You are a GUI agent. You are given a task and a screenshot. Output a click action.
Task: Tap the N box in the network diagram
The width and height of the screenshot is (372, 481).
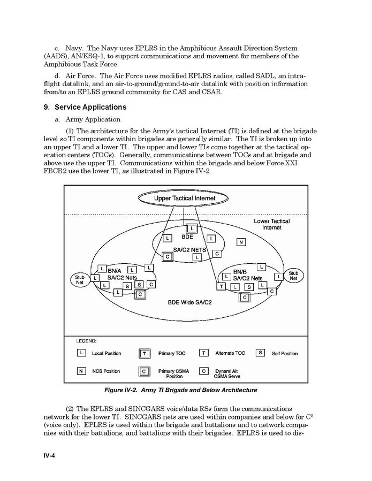[241, 242]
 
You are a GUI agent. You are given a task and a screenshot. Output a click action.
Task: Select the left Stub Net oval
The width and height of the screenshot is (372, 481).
[79, 280]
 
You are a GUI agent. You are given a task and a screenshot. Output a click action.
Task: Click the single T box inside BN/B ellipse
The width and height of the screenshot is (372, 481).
[221, 287]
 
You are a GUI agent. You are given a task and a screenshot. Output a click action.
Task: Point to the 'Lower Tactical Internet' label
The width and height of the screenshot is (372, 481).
[271, 224]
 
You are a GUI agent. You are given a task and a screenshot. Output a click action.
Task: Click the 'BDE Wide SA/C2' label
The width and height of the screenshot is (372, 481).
[190, 303]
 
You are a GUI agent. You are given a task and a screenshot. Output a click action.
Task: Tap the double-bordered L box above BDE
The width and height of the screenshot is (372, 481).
[192, 228]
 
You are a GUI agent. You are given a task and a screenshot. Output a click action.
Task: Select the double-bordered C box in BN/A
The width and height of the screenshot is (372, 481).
[140, 294]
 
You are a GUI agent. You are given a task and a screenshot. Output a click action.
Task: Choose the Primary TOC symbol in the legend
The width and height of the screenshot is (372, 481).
[145, 353]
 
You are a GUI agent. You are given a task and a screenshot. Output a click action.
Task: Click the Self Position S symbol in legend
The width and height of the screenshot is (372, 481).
[261, 353]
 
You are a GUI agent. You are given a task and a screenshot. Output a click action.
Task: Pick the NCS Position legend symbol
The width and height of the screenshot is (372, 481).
[81, 371]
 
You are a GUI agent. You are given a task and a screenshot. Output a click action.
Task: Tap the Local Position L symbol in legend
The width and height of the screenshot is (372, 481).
[81, 353]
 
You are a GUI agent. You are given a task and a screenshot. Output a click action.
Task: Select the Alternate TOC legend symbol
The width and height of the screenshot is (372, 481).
[204, 353]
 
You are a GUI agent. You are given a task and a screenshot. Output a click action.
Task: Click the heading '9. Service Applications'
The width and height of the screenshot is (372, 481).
[85, 107]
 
